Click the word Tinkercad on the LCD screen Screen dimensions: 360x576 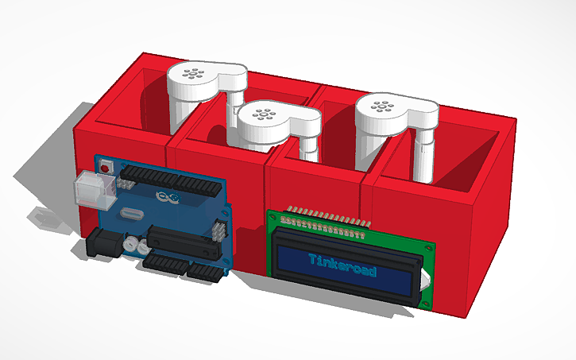(341, 261)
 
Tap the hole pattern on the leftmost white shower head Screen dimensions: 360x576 (192, 75)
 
